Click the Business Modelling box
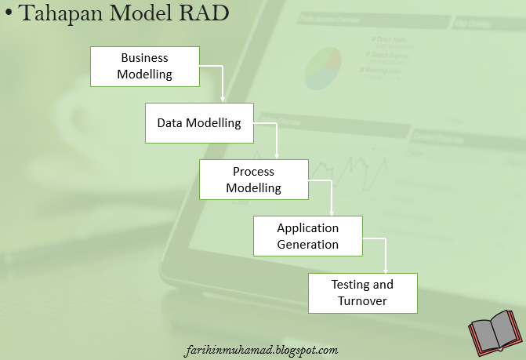point(144,67)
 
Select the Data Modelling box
point(199,123)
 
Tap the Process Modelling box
point(253,180)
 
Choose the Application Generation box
point(307,236)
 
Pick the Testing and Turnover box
point(361,293)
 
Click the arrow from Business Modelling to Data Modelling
point(223,82)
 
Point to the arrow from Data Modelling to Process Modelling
point(277,140)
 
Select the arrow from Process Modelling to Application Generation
point(331,196)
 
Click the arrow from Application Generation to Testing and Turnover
point(385,253)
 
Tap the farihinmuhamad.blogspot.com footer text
point(263,350)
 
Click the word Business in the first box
point(144,58)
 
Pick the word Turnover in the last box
point(362,301)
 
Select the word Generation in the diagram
point(308,245)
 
